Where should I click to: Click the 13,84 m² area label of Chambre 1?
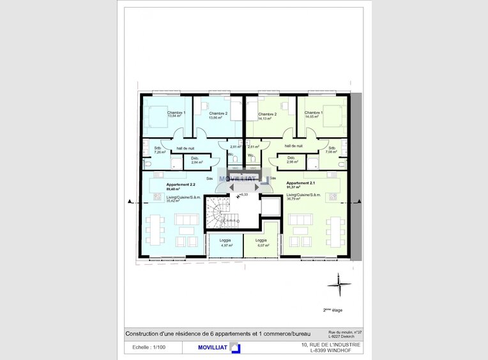(174, 117)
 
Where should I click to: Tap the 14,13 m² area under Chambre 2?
(265, 118)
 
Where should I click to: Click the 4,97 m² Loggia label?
(225, 244)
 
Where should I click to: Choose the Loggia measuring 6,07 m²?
(262, 244)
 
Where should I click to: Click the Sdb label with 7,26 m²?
(158, 151)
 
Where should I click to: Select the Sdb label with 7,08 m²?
(331, 151)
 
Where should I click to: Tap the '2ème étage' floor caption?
(333, 310)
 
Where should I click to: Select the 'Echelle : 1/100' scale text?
(149, 348)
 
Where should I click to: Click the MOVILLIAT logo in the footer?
(211, 348)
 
